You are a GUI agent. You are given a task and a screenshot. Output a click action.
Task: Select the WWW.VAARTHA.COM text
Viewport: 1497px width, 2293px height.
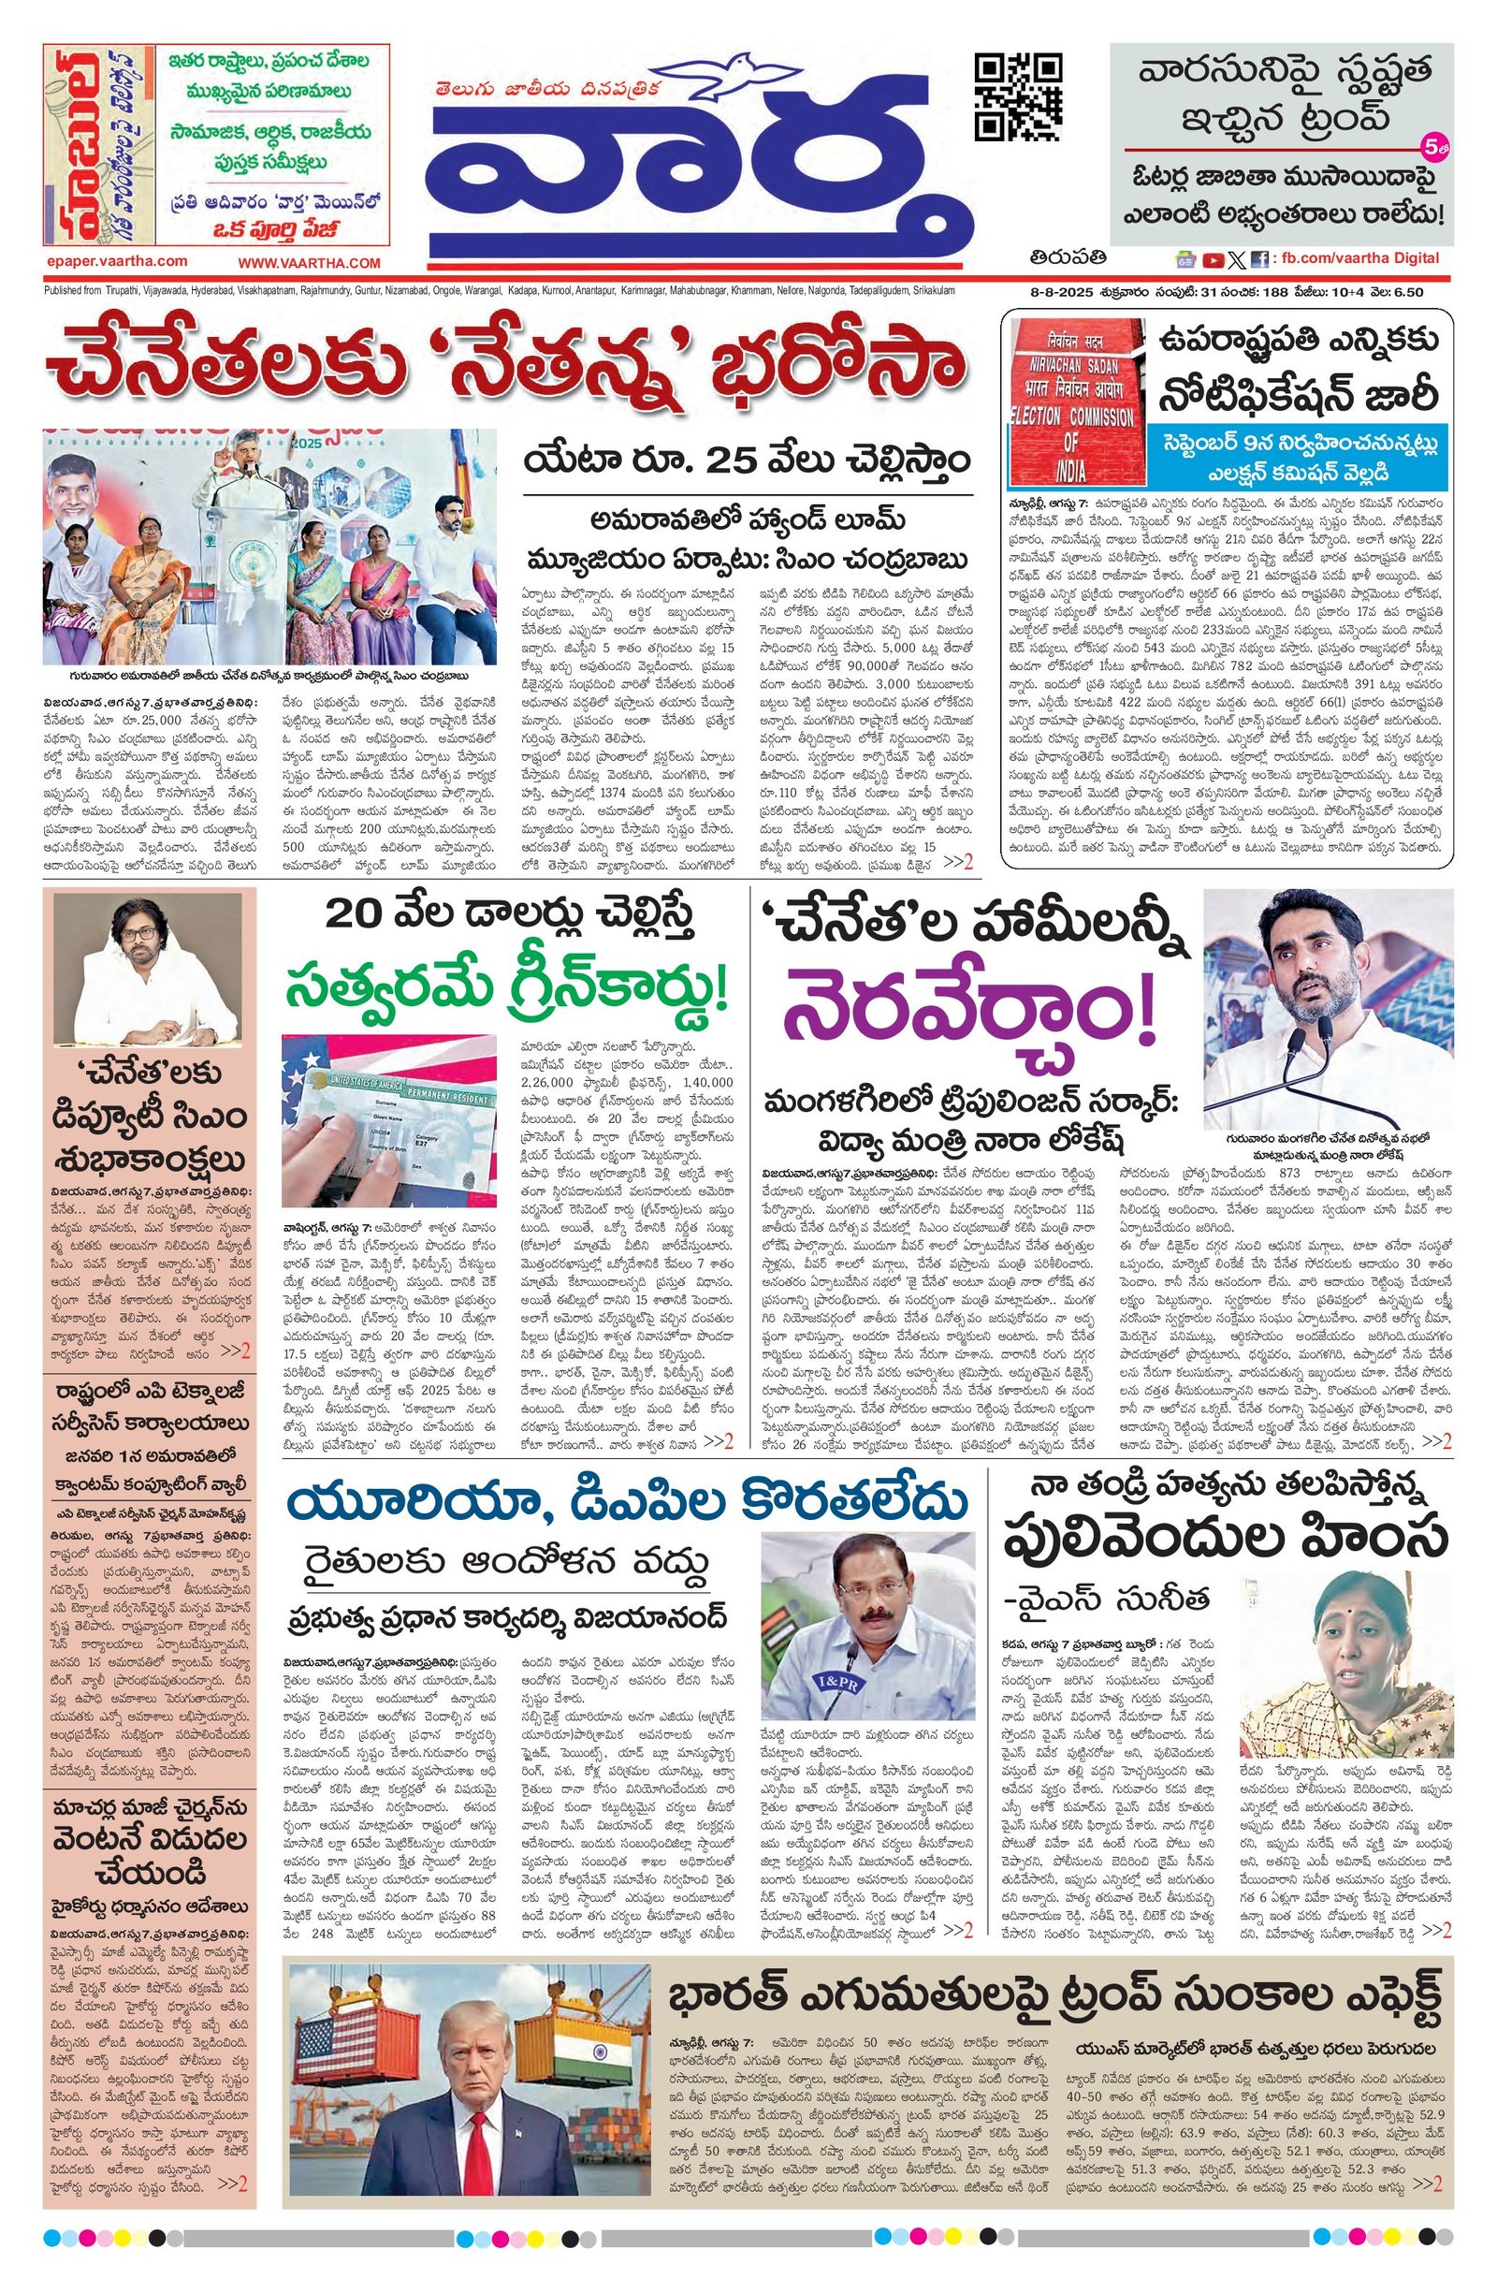click(310, 262)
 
